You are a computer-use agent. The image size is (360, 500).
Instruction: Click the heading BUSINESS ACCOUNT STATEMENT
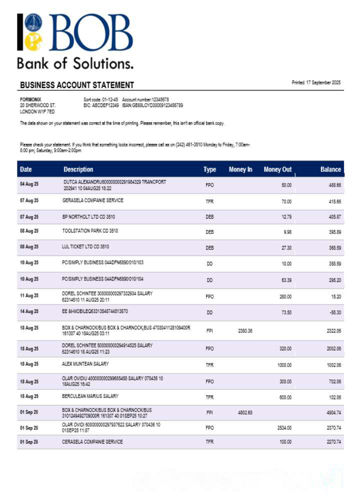tap(77, 85)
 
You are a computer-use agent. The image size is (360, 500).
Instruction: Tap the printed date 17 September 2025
tap(316, 82)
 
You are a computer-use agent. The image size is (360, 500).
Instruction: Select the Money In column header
tap(240, 169)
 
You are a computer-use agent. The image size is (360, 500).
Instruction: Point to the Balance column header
tap(330, 169)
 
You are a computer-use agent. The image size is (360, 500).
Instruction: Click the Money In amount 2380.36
tap(245, 331)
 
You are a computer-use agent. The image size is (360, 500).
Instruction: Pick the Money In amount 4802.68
tap(245, 412)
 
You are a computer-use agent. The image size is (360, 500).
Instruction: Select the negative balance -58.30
tap(334, 312)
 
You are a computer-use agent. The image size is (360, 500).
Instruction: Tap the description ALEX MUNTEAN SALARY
tap(85, 363)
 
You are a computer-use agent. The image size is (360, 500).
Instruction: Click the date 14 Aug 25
tap(29, 311)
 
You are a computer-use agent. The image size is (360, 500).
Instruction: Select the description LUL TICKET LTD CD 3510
tap(85, 246)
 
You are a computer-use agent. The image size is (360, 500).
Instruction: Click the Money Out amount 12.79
tap(286, 216)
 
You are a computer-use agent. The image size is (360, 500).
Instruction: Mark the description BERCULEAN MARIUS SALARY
tap(90, 395)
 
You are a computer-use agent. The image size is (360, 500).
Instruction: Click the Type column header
tap(209, 169)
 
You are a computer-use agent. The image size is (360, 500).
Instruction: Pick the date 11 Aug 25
tap(29, 296)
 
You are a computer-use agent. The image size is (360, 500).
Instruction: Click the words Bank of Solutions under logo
tap(75, 63)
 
